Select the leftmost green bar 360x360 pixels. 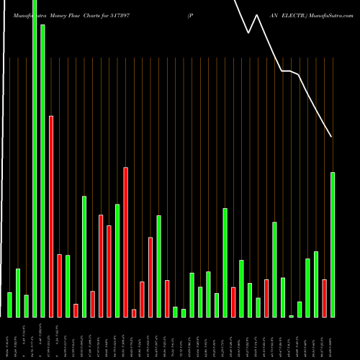coord(9,305)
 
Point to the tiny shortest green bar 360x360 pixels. coord(292,316)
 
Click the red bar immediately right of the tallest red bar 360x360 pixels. coord(59,285)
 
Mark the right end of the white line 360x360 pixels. coord(332,136)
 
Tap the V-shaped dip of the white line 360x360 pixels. coord(248,32)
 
